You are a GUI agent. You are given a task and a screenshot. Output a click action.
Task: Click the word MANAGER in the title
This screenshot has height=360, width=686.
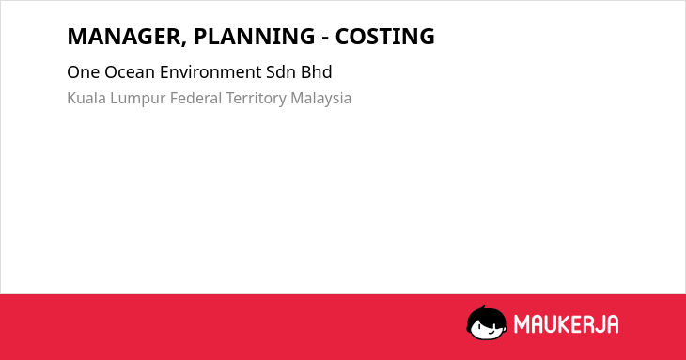124,37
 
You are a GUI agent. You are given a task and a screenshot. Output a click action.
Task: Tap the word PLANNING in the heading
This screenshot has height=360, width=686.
254,37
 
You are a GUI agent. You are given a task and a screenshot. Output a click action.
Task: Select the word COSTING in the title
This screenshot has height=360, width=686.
385,37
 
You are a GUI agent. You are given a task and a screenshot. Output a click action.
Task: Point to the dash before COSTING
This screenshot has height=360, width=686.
325,39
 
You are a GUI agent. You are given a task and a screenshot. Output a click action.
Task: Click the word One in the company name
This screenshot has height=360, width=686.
83,72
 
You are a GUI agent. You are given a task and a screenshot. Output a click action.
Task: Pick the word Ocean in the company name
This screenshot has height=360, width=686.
130,72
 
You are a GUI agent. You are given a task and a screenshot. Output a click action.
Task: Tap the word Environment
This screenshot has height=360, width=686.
210,72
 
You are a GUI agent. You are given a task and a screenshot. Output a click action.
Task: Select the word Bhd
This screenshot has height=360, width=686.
317,72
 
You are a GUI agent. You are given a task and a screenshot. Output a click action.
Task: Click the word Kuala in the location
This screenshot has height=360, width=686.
86,98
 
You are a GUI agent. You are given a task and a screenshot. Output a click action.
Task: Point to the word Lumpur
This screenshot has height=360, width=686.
138,99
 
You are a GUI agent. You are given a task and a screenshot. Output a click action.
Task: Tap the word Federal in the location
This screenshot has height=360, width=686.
195,98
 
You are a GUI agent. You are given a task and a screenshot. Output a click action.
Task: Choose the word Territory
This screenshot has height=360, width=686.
256,99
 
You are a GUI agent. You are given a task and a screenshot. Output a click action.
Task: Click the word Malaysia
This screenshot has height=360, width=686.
321,99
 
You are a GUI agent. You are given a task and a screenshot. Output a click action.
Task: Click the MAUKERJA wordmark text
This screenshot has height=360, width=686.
566,324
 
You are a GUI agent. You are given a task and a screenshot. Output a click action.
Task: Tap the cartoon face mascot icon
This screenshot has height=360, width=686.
487,323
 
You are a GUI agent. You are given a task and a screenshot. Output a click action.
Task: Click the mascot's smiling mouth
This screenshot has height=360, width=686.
491,332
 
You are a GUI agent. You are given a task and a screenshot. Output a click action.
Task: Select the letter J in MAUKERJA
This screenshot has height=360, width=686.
598,324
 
